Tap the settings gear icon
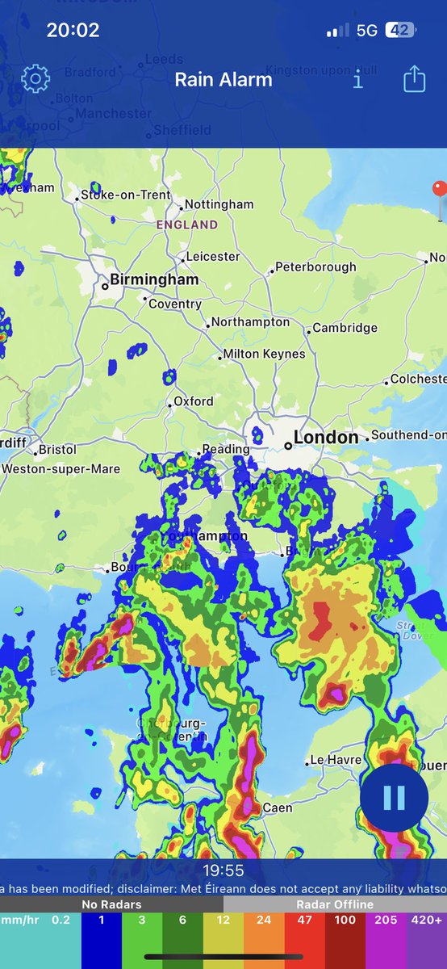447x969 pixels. click(36, 78)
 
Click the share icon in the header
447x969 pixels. click(414, 78)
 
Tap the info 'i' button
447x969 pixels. click(358, 78)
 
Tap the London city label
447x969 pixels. click(325, 438)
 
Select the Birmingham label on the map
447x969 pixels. click(153, 280)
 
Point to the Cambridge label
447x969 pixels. click(345, 328)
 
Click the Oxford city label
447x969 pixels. click(194, 401)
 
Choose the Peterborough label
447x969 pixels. click(315, 267)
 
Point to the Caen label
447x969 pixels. click(278, 807)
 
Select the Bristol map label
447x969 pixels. click(56, 449)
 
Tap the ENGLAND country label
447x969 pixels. click(187, 225)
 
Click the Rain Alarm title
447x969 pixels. click(223, 79)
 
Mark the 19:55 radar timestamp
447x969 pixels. click(223, 870)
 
